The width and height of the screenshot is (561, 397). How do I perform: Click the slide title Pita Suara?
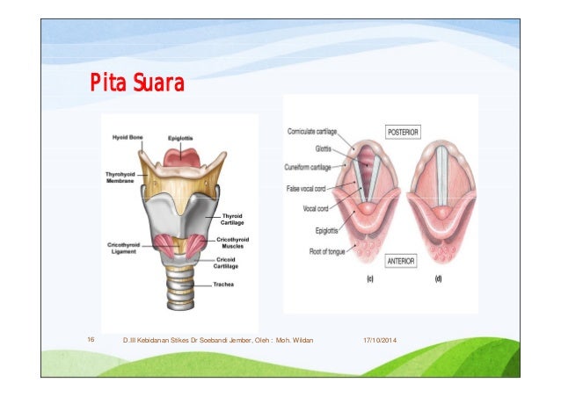click(135, 85)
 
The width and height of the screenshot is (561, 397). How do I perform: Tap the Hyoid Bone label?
click(128, 138)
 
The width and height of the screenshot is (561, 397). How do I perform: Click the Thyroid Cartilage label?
click(232, 219)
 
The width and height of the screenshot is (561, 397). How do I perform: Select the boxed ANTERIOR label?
click(402, 260)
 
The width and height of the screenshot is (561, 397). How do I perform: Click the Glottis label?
click(323, 148)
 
